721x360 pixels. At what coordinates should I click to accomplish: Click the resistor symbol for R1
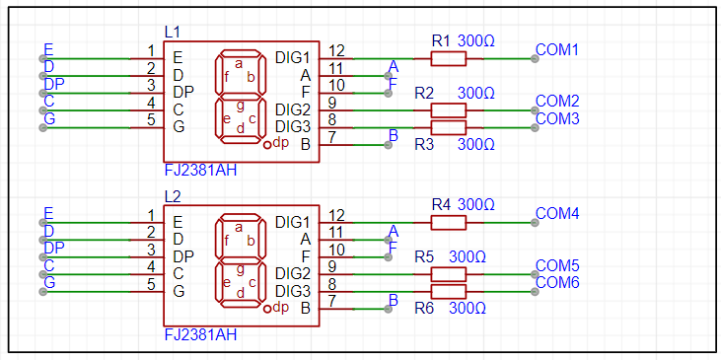(x=449, y=59)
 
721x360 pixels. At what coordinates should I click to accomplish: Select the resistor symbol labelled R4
(x=449, y=223)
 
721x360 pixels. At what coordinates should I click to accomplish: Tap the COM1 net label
(x=557, y=49)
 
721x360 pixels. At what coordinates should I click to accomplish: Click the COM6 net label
(x=557, y=283)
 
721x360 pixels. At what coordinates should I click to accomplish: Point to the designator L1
(x=173, y=33)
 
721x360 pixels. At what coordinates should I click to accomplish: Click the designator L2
(x=173, y=196)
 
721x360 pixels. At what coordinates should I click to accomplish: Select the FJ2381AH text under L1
(x=200, y=171)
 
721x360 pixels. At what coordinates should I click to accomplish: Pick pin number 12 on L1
(x=336, y=49)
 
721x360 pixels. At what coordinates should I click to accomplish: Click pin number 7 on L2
(x=333, y=301)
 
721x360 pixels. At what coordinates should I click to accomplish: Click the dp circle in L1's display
(x=268, y=145)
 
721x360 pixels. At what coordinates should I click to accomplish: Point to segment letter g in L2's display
(x=240, y=269)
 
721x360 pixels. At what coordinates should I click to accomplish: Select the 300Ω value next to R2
(x=476, y=94)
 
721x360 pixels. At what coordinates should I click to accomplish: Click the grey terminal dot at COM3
(x=535, y=128)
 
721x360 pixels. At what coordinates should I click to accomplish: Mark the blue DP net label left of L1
(x=54, y=85)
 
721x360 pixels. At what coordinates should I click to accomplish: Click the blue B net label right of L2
(x=394, y=300)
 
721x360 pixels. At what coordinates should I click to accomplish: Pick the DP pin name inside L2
(x=183, y=256)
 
